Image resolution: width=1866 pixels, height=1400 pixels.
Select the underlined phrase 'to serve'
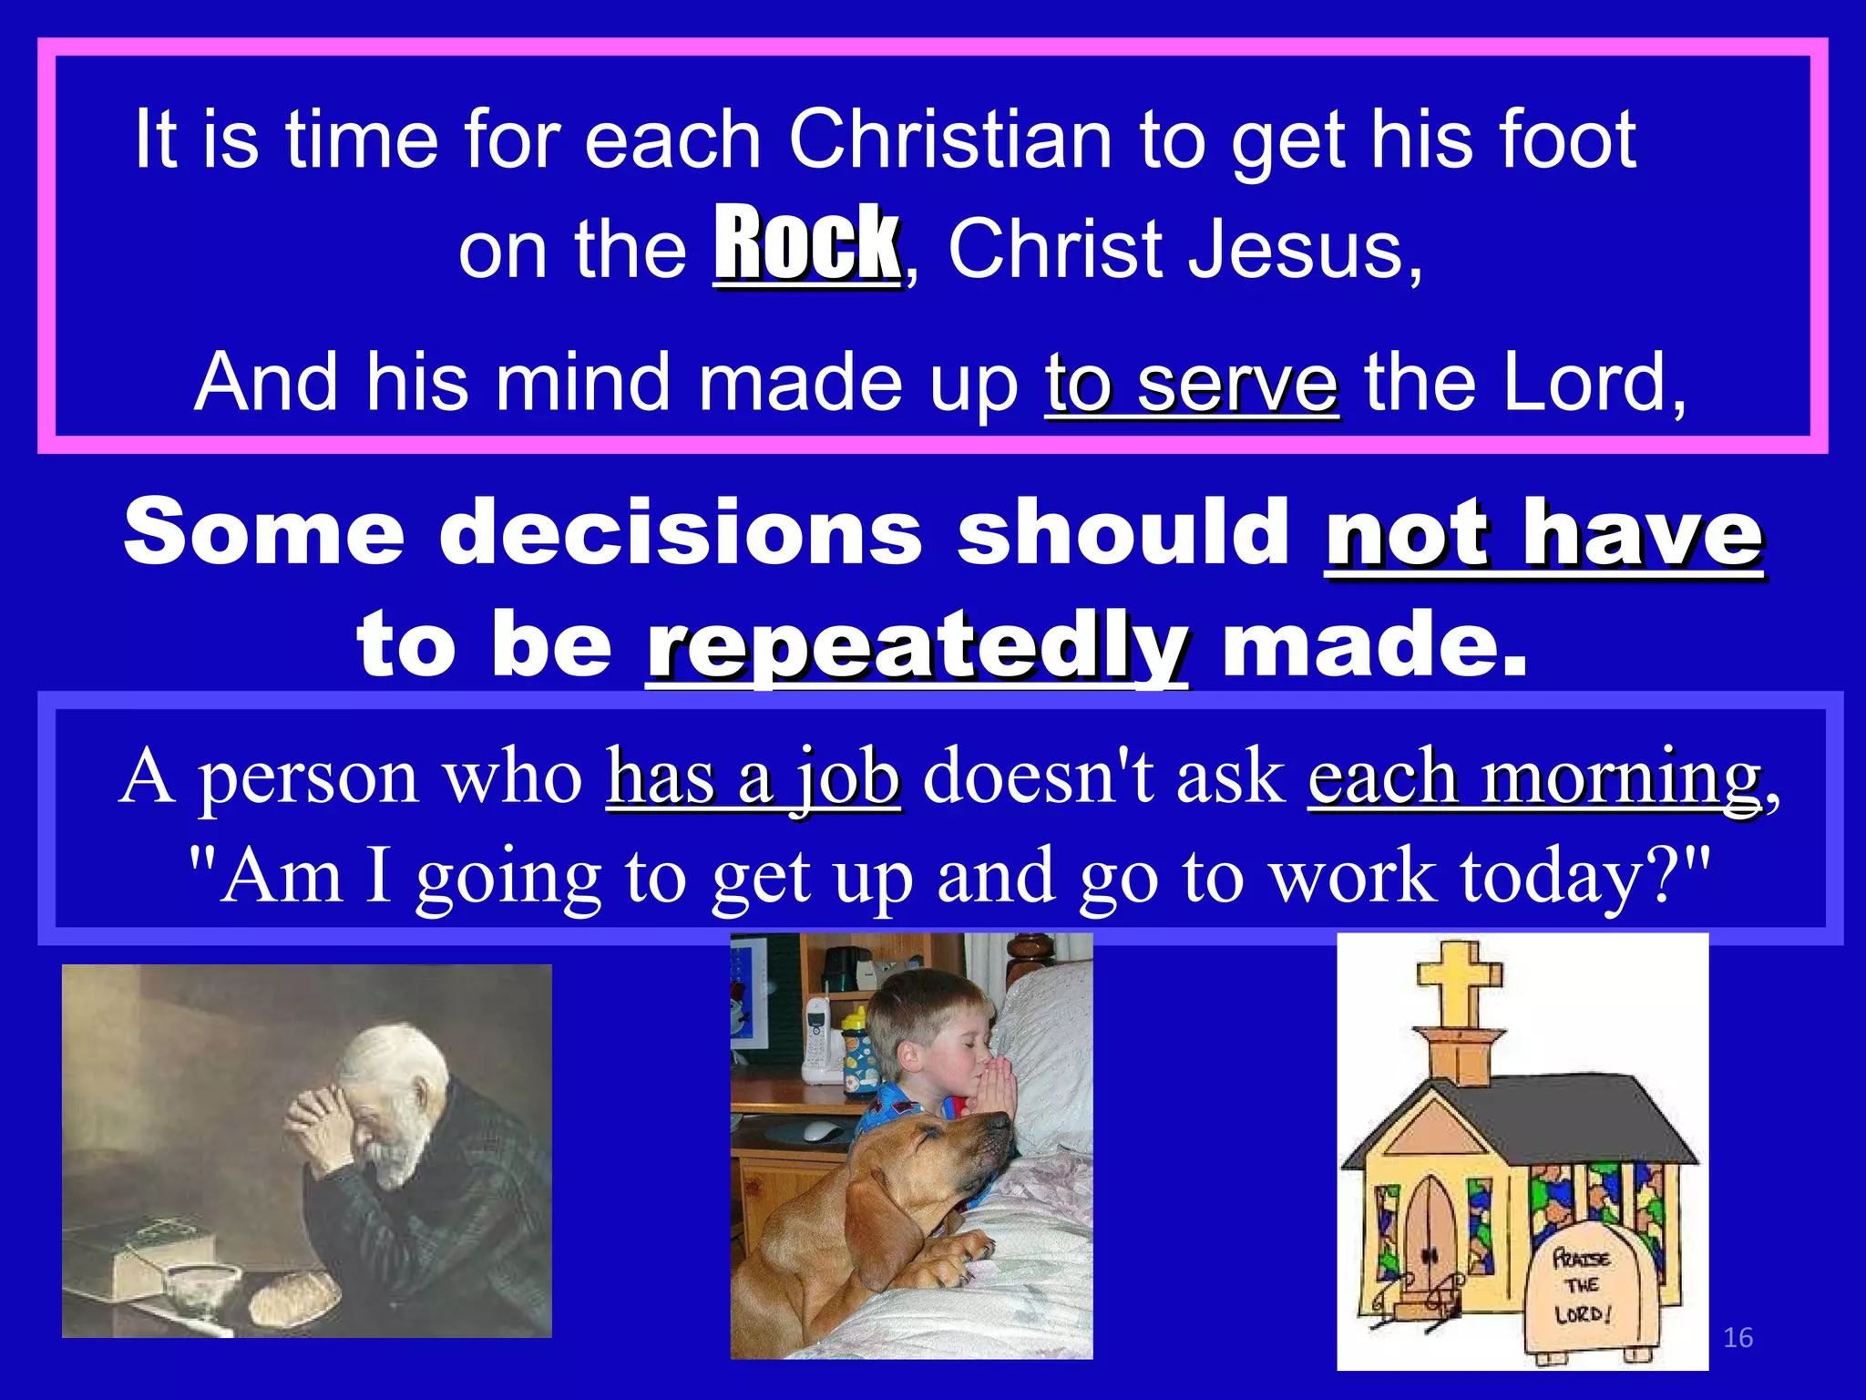1192,384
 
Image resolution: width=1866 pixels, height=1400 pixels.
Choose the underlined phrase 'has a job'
754,777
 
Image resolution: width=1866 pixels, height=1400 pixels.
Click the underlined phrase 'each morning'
1534,777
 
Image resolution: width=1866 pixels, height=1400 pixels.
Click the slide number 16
1738,1337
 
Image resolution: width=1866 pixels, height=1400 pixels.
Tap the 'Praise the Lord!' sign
1583,1286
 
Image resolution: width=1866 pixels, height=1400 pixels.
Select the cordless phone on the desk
816,1039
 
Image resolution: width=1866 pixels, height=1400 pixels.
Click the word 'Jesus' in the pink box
1303,250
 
